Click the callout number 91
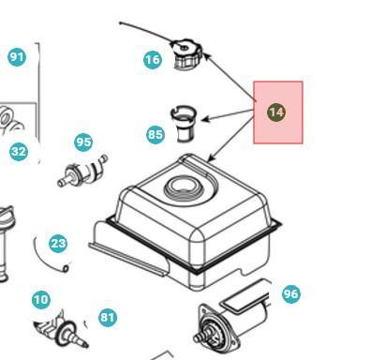(17, 57)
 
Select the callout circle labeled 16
(153, 60)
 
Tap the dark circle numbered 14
(276, 112)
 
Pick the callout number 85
(155, 134)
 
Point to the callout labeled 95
(83, 142)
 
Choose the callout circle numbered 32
(19, 151)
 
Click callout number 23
(58, 244)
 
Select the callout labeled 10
(40, 300)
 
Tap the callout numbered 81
(108, 318)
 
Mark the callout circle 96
(290, 294)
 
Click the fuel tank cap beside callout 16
(186, 52)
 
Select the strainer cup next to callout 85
(185, 122)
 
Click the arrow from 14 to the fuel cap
(229, 76)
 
